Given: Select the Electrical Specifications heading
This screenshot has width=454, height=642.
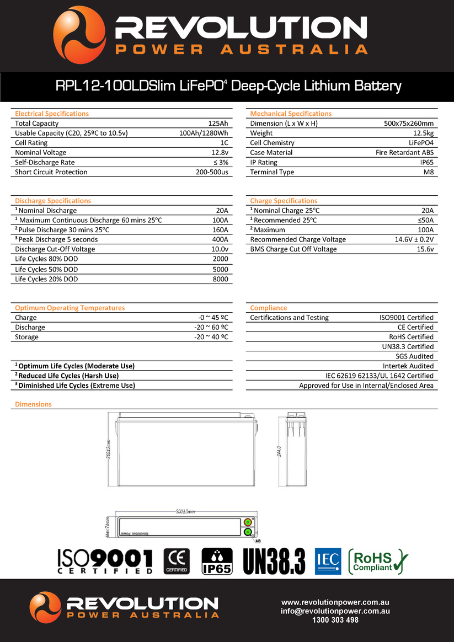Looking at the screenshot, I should click(x=52, y=114).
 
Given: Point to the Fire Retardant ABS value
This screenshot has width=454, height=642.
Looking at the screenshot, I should click(x=404, y=152).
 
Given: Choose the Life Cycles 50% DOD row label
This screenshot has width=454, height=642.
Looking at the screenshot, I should click(x=46, y=269).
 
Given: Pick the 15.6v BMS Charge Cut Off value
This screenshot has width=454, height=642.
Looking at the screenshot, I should click(x=425, y=249).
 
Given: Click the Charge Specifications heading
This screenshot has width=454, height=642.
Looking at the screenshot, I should click(x=284, y=201).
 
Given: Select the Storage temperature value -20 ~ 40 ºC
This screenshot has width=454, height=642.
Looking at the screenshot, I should click(x=211, y=337).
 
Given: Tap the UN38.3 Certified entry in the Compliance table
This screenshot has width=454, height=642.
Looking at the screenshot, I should click(x=408, y=346).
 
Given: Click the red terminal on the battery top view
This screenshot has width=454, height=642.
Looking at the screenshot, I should click(x=248, y=522).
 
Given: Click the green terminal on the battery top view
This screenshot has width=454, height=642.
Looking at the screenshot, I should click(x=248, y=532).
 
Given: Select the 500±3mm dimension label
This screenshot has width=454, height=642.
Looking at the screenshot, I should click(x=185, y=511).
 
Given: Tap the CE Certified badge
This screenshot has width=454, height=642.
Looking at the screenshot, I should click(x=177, y=561).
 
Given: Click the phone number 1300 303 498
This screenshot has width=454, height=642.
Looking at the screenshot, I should click(x=335, y=620).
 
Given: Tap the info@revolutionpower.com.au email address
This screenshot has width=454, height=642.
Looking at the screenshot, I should click(x=335, y=611).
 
